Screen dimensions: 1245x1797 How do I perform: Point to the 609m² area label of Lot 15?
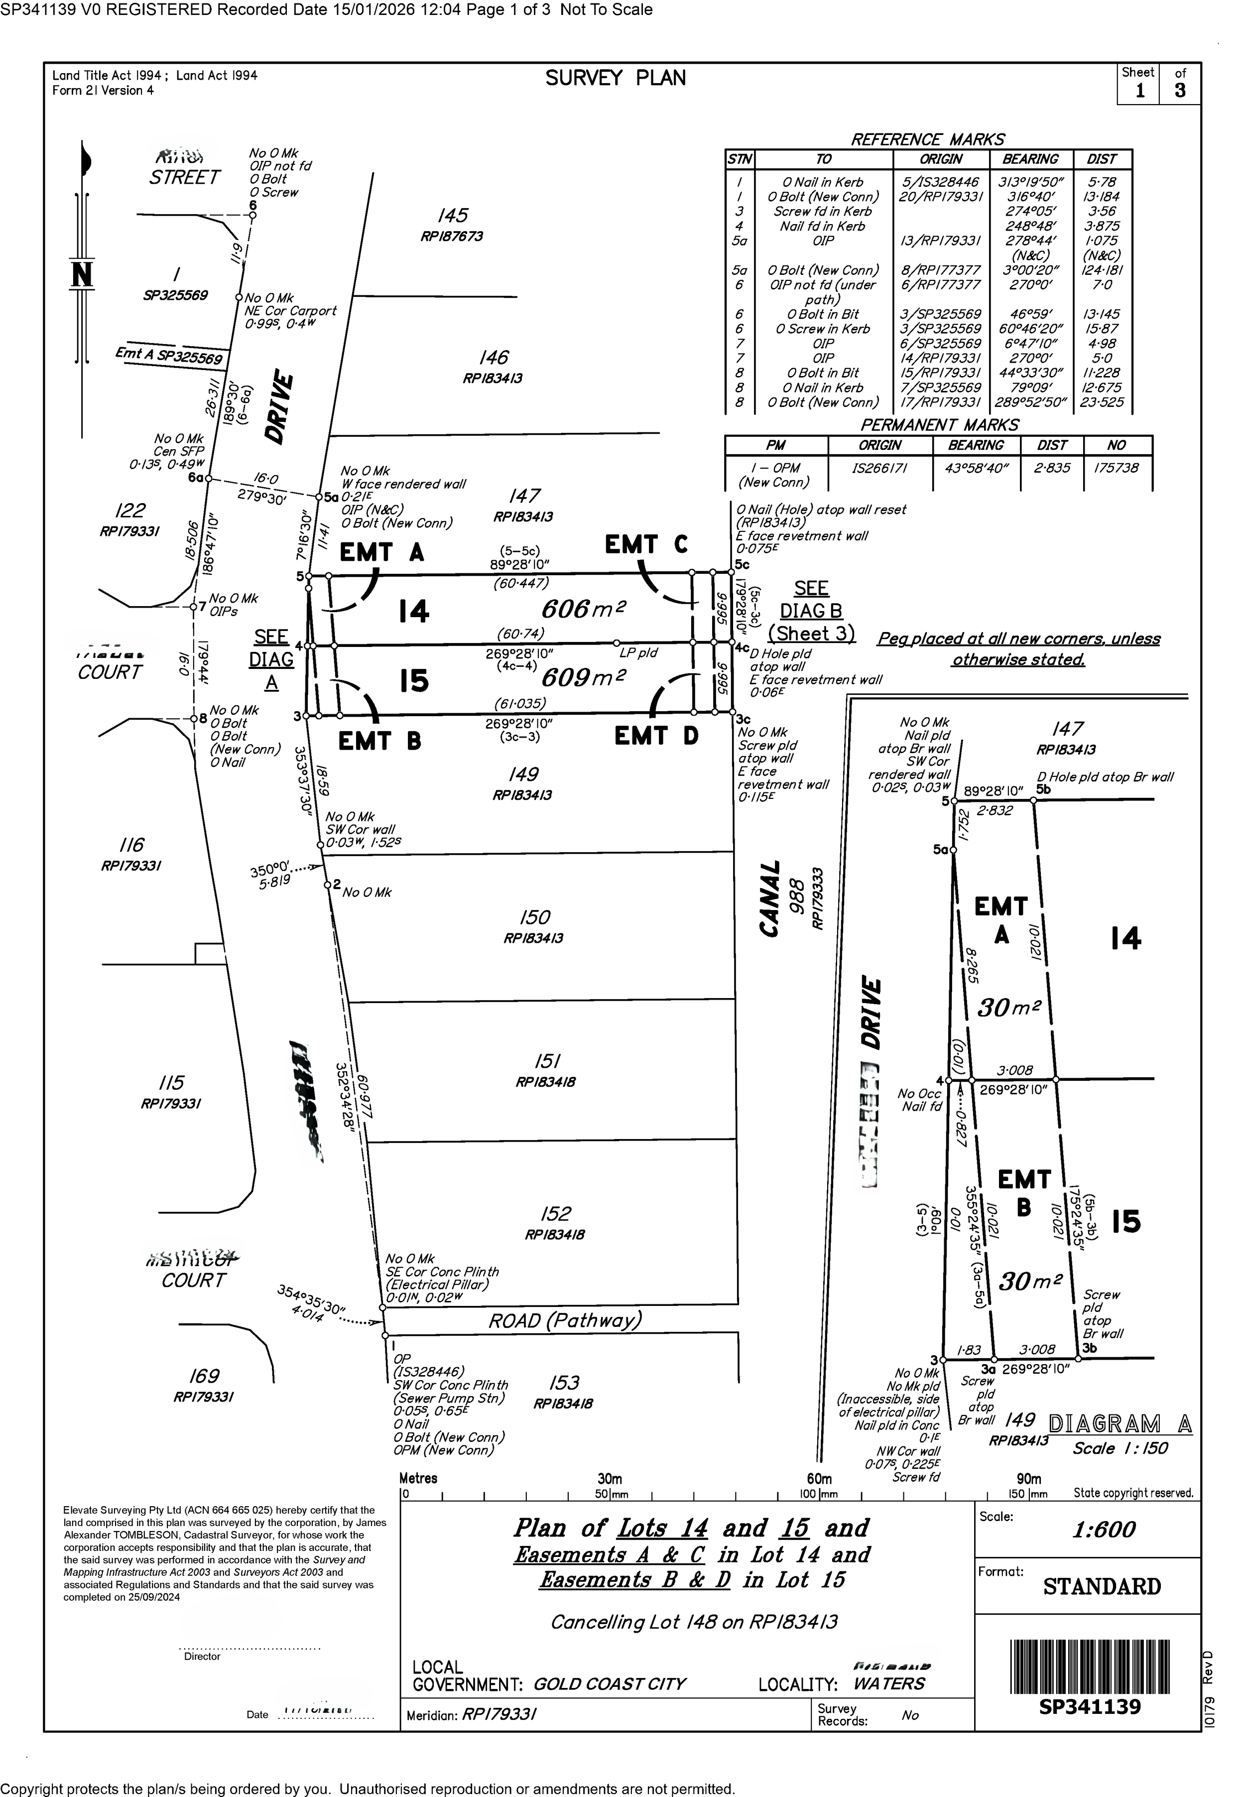pos(584,676)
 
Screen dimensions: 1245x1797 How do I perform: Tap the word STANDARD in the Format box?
pos(1102,1586)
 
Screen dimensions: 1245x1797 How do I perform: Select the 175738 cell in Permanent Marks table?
pos(1117,468)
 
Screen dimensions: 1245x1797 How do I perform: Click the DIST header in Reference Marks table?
pos(1102,159)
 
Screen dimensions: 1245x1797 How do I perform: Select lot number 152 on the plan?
pos(555,1214)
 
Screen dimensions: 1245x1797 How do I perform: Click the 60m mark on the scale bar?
pos(819,1479)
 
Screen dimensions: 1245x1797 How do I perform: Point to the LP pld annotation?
pos(638,653)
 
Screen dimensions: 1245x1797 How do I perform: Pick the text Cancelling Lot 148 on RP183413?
pos(694,1622)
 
